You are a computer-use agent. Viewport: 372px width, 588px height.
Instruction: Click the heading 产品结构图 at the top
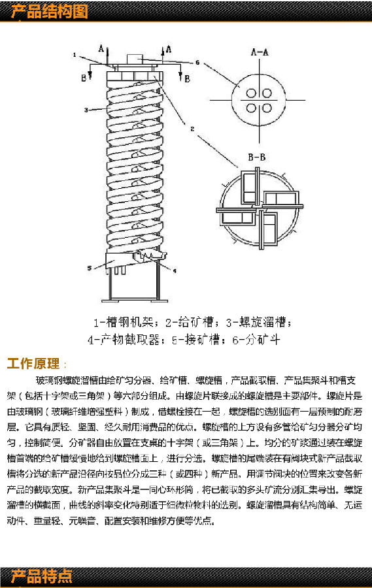(48, 11)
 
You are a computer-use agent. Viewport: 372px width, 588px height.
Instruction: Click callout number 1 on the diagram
(75, 54)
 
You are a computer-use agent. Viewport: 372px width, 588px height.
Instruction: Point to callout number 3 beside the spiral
(85, 110)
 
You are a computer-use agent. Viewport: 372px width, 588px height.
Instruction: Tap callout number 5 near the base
(90, 268)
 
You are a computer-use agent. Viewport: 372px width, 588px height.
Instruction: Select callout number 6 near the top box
(196, 63)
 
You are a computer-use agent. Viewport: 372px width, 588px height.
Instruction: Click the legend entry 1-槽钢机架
(125, 322)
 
